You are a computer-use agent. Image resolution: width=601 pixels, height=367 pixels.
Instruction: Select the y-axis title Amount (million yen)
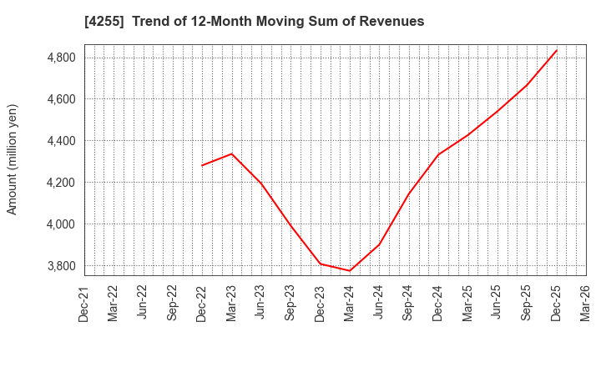(12, 159)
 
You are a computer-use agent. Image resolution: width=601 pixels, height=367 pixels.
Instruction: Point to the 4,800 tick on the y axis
(59, 58)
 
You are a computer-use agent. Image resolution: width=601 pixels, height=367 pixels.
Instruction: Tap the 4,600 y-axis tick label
(59, 99)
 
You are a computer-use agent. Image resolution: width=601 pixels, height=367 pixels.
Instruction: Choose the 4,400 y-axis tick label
(59, 141)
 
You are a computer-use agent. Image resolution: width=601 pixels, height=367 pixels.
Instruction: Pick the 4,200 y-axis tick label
(59, 183)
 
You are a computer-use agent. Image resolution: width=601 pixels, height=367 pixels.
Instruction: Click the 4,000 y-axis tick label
(59, 224)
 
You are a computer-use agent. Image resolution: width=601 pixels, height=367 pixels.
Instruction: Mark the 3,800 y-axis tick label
(59, 266)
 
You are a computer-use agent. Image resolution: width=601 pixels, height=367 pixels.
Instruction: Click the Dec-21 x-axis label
(85, 302)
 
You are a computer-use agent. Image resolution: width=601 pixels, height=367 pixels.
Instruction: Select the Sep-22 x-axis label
(173, 302)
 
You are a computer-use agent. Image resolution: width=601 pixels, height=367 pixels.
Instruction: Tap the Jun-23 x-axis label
(261, 302)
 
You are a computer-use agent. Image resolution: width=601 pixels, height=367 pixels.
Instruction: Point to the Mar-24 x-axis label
(350, 302)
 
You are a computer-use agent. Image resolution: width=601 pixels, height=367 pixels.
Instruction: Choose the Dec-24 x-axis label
(438, 302)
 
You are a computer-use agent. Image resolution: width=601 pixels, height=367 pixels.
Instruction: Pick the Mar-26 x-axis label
(586, 302)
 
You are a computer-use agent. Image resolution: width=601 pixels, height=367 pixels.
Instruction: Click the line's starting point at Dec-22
(202, 165)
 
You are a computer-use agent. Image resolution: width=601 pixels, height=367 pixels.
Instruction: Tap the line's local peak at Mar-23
(232, 153)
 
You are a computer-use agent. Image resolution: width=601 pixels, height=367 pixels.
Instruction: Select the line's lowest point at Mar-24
(350, 270)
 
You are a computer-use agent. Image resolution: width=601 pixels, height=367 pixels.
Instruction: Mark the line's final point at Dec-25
(557, 50)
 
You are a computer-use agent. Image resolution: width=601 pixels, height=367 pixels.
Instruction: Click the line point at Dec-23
(321, 264)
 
